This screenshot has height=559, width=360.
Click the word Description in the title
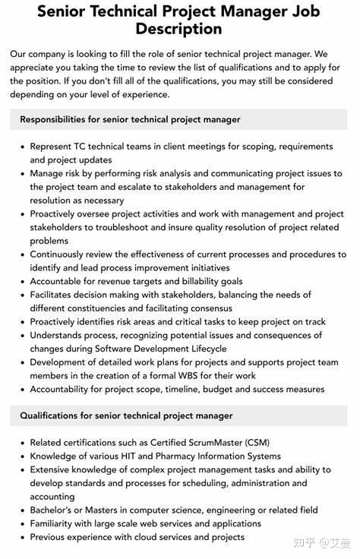click(179, 30)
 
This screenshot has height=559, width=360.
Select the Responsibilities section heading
click(130, 119)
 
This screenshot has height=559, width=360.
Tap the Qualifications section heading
click(126, 415)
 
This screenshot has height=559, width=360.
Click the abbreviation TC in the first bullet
click(83, 147)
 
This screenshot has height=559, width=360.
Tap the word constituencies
click(112, 308)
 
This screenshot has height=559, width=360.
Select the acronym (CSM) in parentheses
click(254, 443)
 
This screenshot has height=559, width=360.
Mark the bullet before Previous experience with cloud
click(21, 537)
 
